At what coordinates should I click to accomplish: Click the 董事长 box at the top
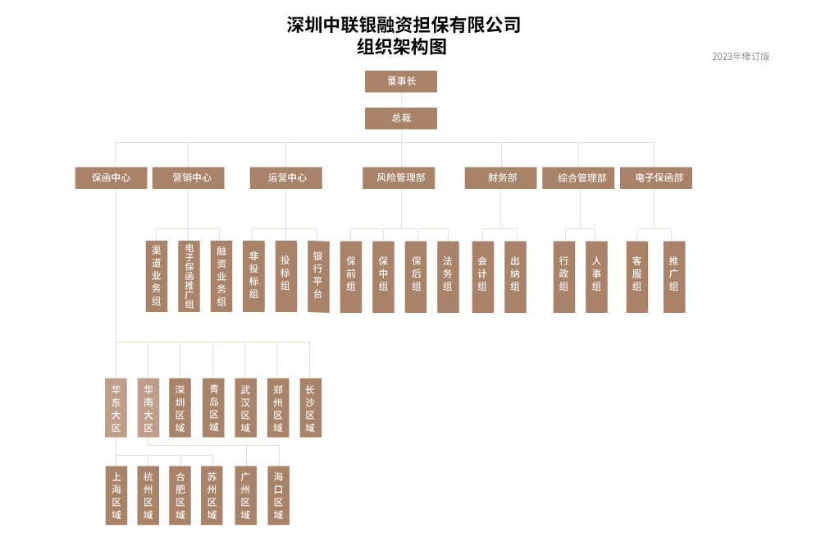[x=401, y=81]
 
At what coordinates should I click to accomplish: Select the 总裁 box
[x=401, y=118]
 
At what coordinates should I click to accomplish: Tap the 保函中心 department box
[x=112, y=178]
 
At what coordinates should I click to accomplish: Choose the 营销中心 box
[x=189, y=178]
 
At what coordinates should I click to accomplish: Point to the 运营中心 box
[x=286, y=178]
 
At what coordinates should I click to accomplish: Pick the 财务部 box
[x=501, y=178]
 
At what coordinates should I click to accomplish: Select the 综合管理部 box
[x=578, y=178]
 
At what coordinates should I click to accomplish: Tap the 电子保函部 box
[x=656, y=178]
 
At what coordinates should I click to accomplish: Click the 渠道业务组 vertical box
[x=157, y=276]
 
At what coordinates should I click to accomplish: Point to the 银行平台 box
[x=319, y=277]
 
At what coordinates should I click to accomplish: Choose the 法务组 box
[x=449, y=277]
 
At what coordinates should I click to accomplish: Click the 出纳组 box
[x=516, y=277]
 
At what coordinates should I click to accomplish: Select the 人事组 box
[x=596, y=277]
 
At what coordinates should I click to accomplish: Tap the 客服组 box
[x=637, y=277]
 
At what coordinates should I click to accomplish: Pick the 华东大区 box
[x=116, y=407]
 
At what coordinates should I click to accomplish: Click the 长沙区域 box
[x=311, y=407]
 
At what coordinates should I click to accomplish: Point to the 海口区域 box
[x=278, y=495]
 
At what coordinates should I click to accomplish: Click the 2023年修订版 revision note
[x=741, y=57]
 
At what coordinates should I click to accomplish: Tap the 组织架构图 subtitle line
[x=402, y=47]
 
